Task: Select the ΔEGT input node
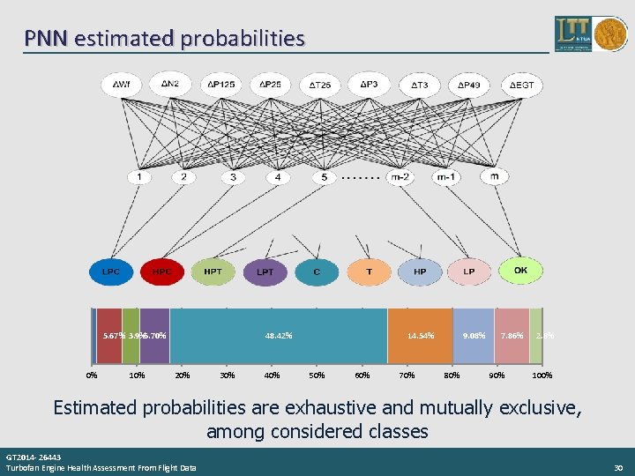click(x=521, y=85)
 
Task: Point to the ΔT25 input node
click(x=320, y=85)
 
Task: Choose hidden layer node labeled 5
click(x=325, y=177)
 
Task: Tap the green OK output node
click(x=520, y=271)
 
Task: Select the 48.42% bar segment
click(x=279, y=336)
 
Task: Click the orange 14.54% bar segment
click(x=420, y=336)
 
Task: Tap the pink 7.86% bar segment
click(x=512, y=336)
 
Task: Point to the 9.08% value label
click(x=473, y=336)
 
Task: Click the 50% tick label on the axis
click(x=317, y=376)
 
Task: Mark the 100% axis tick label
click(x=542, y=376)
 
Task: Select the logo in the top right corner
click(x=586, y=33)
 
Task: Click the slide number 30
click(x=618, y=467)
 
